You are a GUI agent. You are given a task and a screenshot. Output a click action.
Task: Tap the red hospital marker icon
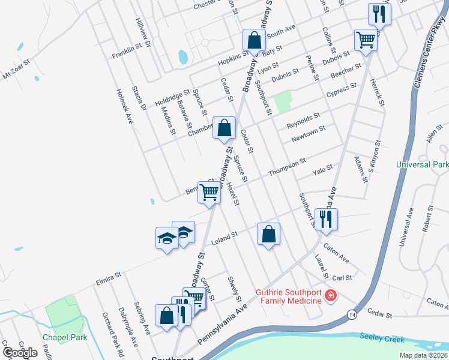coord(330,296)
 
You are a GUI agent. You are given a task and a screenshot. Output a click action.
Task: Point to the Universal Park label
coord(423,164)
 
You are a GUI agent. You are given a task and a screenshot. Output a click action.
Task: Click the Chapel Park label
coord(65,337)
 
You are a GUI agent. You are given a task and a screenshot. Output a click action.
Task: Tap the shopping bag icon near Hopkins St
coord(254,41)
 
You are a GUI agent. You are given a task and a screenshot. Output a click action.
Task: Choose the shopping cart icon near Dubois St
coord(366,40)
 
